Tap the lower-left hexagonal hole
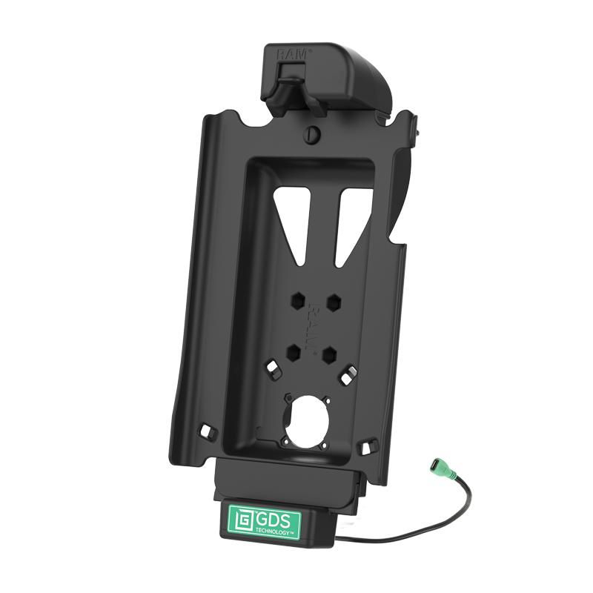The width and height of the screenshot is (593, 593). coord(294,348)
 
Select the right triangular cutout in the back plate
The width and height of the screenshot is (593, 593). coord(352,222)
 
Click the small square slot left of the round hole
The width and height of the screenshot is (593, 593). coord(272,368)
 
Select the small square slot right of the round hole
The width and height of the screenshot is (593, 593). coord(346,377)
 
